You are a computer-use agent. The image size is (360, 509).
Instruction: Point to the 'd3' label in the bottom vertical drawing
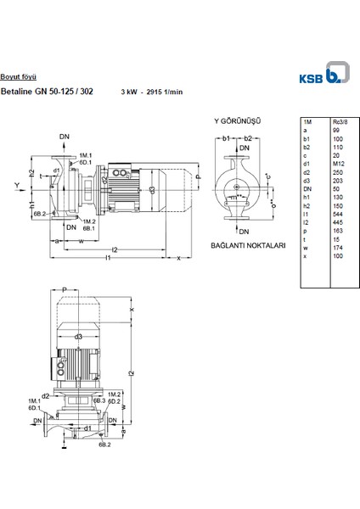point(78,338)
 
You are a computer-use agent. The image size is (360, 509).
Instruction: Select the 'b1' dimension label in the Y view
point(227,137)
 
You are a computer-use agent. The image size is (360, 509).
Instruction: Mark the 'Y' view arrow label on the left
point(17,183)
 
